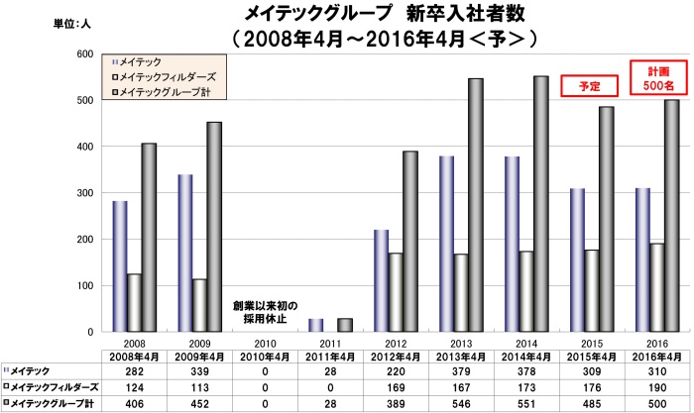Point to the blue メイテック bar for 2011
(x=315, y=325)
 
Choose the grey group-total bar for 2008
(x=148, y=238)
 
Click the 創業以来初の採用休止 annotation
(x=264, y=312)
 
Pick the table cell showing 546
(x=460, y=403)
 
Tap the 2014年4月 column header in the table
(x=525, y=355)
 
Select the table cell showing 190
(x=656, y=387)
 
